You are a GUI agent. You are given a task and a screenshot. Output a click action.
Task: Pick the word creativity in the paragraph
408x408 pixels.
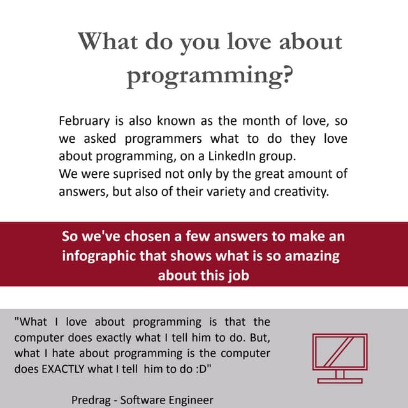[304, 191]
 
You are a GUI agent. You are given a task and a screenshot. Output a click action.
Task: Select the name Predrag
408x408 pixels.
[92, 400]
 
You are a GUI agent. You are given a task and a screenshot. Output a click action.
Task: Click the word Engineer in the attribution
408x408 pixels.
[190, 400]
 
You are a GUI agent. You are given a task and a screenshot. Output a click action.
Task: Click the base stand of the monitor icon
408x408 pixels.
[339, 380]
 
